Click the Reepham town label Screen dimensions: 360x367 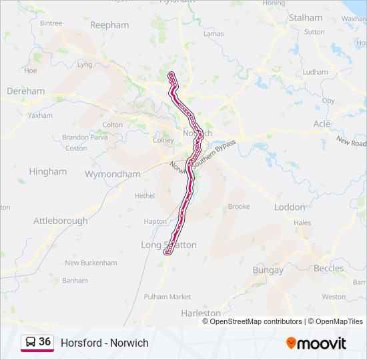109,25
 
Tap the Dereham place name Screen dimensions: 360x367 25,91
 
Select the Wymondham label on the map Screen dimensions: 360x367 113,174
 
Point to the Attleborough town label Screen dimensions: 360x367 61,221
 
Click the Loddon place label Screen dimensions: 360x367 290,207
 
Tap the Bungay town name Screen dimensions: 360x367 268,270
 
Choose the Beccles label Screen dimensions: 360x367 329,268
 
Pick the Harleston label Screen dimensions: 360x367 201,313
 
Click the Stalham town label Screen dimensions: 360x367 306,17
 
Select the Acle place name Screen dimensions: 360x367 322,124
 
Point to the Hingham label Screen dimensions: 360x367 48,171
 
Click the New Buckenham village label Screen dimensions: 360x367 91,263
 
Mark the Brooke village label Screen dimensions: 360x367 239,207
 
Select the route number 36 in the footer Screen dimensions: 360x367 45,342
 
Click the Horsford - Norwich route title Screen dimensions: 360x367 105,343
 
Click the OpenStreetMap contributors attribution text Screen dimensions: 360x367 253,321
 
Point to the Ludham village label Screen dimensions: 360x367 315,72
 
